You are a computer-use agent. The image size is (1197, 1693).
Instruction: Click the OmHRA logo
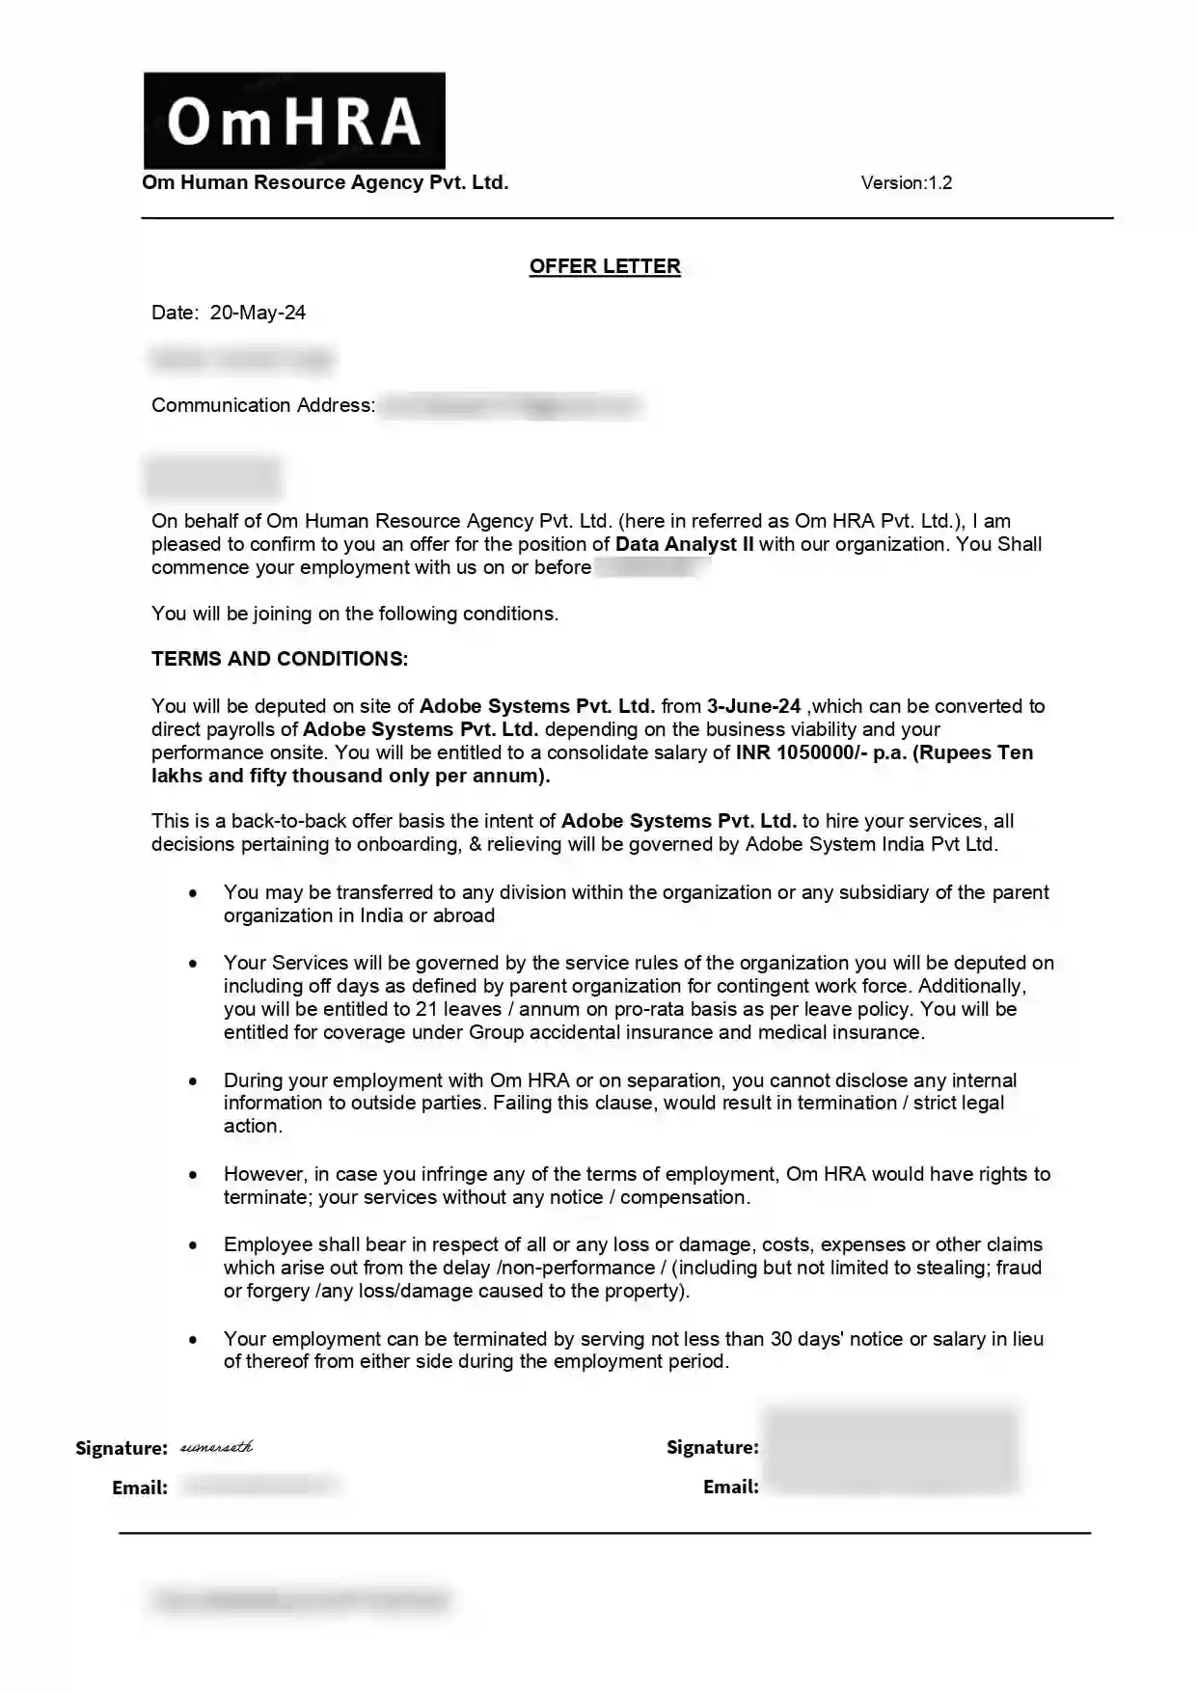[294, 121]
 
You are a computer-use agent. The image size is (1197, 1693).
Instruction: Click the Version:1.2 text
[906, 183]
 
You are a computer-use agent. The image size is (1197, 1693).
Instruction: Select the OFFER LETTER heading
[605, 266]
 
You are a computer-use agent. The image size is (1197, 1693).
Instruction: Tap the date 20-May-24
[258, 313]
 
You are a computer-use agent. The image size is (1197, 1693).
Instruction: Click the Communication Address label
[262, 405]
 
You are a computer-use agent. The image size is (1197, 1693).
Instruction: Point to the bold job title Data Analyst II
[684, 544]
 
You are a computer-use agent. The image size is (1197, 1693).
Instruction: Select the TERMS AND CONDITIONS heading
[280, 659]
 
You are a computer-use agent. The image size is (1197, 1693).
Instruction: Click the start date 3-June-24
[753, 706]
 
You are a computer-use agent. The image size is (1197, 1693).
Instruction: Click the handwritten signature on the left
[217, 1447]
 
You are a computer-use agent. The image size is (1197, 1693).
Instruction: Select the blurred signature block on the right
[890, 1449]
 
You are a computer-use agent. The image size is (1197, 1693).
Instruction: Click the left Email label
[140, 1488]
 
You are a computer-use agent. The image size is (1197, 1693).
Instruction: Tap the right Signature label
[712, 1447]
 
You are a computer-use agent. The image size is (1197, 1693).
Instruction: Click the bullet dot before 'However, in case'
[194, 1175]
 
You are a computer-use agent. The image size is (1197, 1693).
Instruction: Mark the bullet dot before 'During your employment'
[194, 1081]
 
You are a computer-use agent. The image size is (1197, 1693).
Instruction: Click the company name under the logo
[325, 183]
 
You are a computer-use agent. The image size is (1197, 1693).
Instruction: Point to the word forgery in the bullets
[277, 1291]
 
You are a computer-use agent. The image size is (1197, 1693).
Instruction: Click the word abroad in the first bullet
[464, 915]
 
